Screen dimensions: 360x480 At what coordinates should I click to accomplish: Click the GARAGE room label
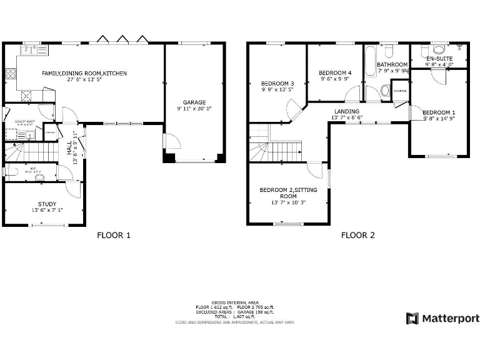(x=194, y=102)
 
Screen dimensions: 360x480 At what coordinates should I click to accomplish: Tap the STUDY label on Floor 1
(x=47, y=204)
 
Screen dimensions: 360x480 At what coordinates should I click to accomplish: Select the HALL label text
(x=69, y=148)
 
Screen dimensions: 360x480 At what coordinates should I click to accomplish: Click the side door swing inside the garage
(x=172, y=141)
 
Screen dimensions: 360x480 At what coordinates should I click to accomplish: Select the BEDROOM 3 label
(x=277, y=84)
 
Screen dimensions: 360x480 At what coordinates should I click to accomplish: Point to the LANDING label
(x=346, y=111)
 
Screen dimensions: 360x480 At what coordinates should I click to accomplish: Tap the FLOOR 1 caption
(x=114, y=236)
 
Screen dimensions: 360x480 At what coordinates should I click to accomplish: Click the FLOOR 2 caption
(x=357, y=236)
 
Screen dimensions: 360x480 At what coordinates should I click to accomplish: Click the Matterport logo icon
(x=412, y=318)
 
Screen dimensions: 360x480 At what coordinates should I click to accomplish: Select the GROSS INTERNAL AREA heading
(x=235, y=302)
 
